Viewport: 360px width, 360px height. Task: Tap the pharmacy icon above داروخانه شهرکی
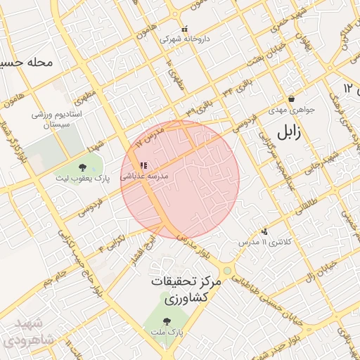coord(185,30)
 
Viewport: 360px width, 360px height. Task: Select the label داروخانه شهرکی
coord(185,39)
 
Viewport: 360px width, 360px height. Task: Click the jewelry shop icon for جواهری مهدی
coord(291,99)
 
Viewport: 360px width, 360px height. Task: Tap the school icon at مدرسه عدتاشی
coord(143,166)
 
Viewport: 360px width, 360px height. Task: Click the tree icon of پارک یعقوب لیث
coord(83,167)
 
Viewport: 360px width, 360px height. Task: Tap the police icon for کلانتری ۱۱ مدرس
coord(264,231)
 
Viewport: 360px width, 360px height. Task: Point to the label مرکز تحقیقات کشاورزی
coord(186,290)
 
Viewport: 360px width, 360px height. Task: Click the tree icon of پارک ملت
coord(166,321)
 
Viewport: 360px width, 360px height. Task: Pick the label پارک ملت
coord(166,331)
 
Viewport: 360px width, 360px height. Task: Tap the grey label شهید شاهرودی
coord(25,332)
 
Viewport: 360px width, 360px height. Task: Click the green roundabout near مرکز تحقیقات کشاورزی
coord(227,271)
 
